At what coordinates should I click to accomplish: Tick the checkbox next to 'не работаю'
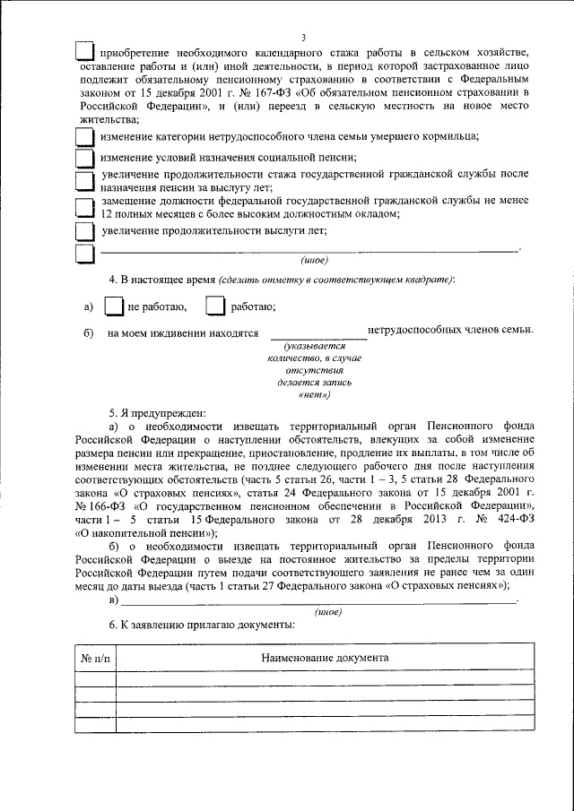[x=114, y=307]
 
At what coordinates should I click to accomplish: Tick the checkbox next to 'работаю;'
[x=214, y=307]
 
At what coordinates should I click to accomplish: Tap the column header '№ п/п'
[x=95, y=658]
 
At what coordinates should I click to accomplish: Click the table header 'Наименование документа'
[x=325, y=657]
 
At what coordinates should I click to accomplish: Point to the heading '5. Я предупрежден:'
[x=157, y=413]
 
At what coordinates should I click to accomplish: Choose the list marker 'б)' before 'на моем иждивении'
[x=89, y=332]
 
